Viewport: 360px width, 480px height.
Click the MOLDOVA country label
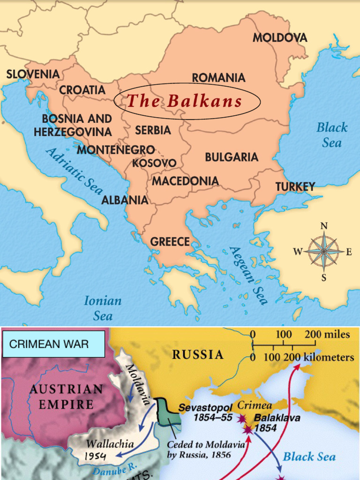[280, 38]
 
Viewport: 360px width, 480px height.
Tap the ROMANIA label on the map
[218, 78]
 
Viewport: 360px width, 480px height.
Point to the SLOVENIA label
[33, 74]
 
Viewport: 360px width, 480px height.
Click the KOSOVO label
[154, 163]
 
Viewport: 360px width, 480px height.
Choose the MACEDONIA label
[185, 181]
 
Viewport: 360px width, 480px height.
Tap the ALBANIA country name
[125, 200]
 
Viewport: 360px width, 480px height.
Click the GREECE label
[170, 242]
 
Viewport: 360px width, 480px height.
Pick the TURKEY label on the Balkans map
[295, 187]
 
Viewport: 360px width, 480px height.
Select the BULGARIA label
[232, 157]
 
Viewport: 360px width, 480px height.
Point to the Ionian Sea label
[103, 308]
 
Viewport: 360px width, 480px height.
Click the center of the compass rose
[323, 252]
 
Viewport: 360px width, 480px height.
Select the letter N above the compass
[323, 226]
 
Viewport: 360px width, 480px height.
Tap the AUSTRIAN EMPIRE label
[66, 397]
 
